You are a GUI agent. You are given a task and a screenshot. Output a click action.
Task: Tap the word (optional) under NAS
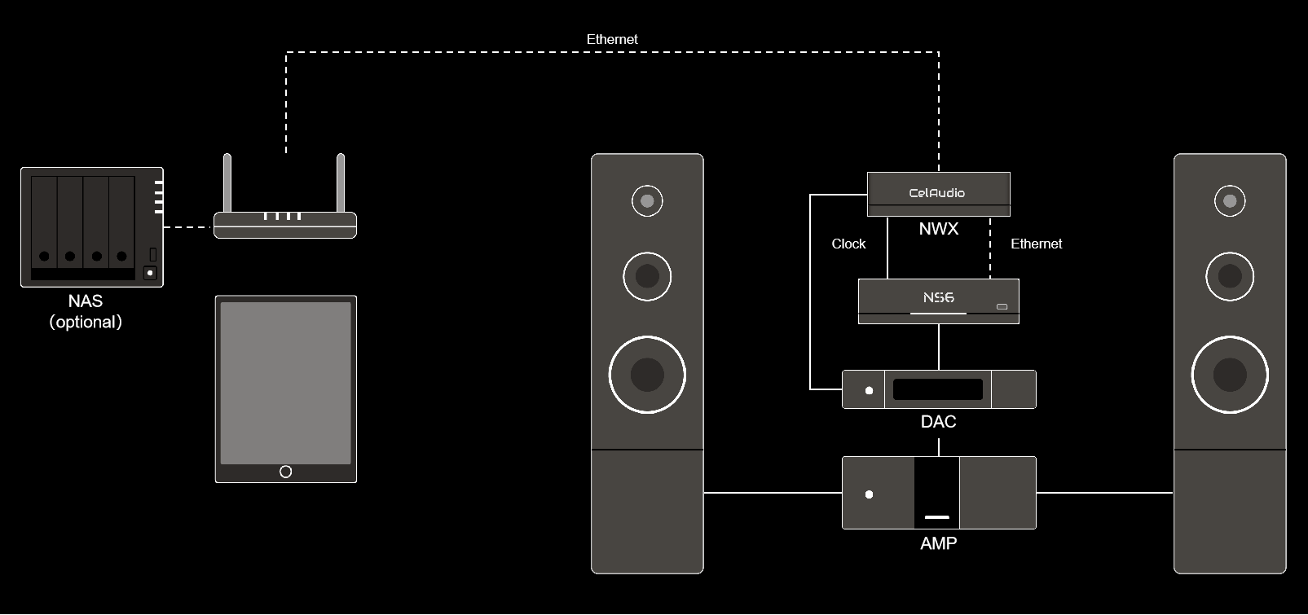tap(86, 322)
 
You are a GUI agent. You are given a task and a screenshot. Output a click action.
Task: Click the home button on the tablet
tap(285, 472)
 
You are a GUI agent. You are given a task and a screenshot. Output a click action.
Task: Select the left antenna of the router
tap(228, 183)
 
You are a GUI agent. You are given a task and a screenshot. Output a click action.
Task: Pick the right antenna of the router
tap(341, 183)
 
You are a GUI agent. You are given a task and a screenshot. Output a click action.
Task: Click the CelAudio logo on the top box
tap(937, 193)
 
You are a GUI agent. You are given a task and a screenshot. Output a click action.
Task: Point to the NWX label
tap(938, 229)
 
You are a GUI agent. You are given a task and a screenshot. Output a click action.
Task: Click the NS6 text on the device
tap(938, 298)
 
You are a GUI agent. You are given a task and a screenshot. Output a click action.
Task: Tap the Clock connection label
tap(848, 244)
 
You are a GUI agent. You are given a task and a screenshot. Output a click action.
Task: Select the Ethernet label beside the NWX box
tap(1036, 244)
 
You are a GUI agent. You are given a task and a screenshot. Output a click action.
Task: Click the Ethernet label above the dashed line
tap(612, 39)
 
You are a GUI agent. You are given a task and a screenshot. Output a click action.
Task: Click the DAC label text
tap(938, 422)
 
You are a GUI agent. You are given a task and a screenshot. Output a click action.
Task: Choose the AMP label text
tap(938, 543)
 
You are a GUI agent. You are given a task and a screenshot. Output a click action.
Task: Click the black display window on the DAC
tap(937, 389)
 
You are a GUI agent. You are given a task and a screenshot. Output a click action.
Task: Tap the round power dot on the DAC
tap(869, 391)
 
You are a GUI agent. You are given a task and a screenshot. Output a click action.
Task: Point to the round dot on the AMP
tap(869, 494)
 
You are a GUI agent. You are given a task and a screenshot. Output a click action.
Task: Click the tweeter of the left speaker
tap(647, 200)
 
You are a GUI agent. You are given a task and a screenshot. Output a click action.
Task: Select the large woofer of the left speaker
tap(647, 375)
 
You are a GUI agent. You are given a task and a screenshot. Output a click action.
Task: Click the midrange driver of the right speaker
tap(1230, 276)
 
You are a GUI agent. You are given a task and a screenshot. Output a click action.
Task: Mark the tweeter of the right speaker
tap(1230, 200)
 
